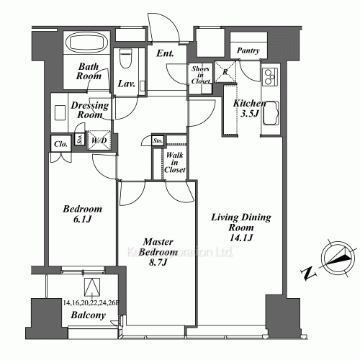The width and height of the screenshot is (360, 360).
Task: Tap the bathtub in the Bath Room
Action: [x=86, y=42]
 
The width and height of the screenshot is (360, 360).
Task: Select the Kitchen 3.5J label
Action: [x=249, y=108]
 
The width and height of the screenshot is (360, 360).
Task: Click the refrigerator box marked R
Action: [x=225, y=71]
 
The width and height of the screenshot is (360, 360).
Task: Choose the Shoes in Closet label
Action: [x=200, y=75]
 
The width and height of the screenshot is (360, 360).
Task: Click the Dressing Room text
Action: [x=90, y=110]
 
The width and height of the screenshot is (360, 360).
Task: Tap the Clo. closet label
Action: [x=60, y=143]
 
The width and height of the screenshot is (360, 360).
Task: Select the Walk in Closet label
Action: [x=175, y=162]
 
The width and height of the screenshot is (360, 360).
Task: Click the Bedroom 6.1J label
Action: [x=81, y=214]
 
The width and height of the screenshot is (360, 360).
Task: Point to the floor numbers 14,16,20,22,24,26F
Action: [x=91, y=303]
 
